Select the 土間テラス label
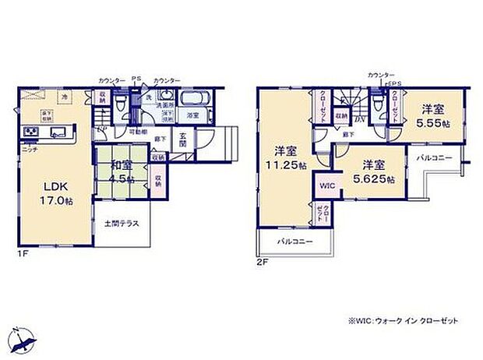pos(122,224)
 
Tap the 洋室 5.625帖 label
pos(372,172)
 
